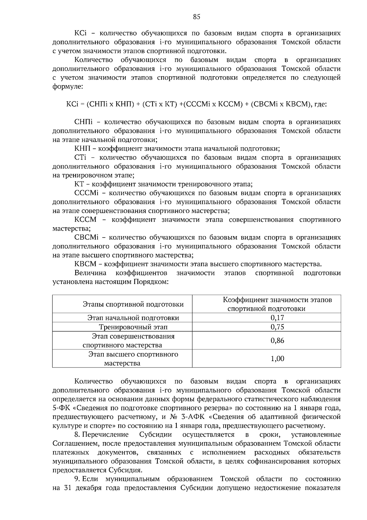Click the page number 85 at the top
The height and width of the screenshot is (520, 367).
197,17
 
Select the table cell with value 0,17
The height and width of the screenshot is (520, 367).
277,318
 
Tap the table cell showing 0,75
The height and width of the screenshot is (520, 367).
277,327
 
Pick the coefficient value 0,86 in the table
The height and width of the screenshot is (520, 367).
277,340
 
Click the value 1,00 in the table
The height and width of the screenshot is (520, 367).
277,358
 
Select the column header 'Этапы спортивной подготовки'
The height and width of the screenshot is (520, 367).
133,304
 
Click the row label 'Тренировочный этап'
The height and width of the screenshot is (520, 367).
133,327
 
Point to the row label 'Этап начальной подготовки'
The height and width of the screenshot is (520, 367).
133,318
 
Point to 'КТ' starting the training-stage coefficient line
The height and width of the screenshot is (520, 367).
79,184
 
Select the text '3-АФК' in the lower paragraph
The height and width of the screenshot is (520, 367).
192,417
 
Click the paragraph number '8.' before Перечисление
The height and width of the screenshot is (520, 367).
77,435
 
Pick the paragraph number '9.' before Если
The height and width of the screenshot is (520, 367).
77,479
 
